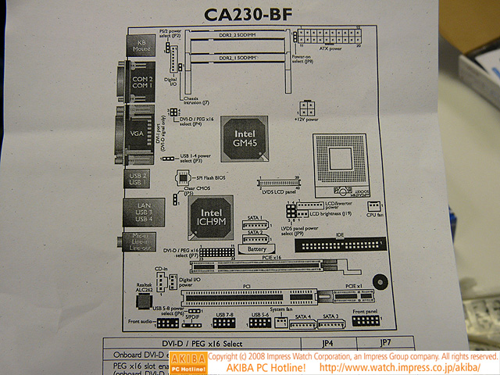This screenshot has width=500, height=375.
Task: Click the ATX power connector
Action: tap(328, 36)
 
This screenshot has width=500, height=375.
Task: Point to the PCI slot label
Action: tap(245, 286)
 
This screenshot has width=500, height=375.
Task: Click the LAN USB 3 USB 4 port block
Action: tap(138, 212)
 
